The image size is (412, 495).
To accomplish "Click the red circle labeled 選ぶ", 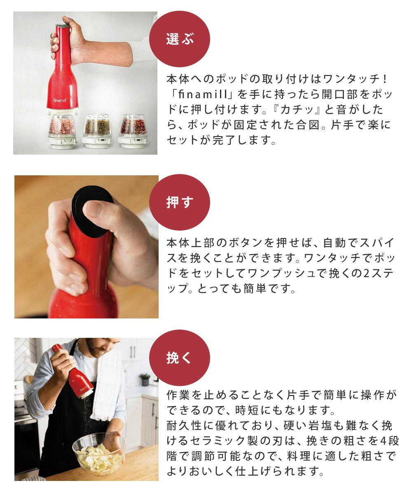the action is pyautogui.click(x=180, y=39).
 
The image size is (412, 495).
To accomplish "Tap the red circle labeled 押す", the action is pyautogui.click(x=180, y=202).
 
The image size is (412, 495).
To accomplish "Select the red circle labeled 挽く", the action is pyautogui.click(x=180, y=358).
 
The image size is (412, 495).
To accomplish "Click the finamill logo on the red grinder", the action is pyautogui.click(x=60, y=100).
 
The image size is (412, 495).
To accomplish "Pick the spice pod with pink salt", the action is pyautogui.click(x=62, y=131).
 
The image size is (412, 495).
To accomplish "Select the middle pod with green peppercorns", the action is pyautogui.click(x=97, y=131).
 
